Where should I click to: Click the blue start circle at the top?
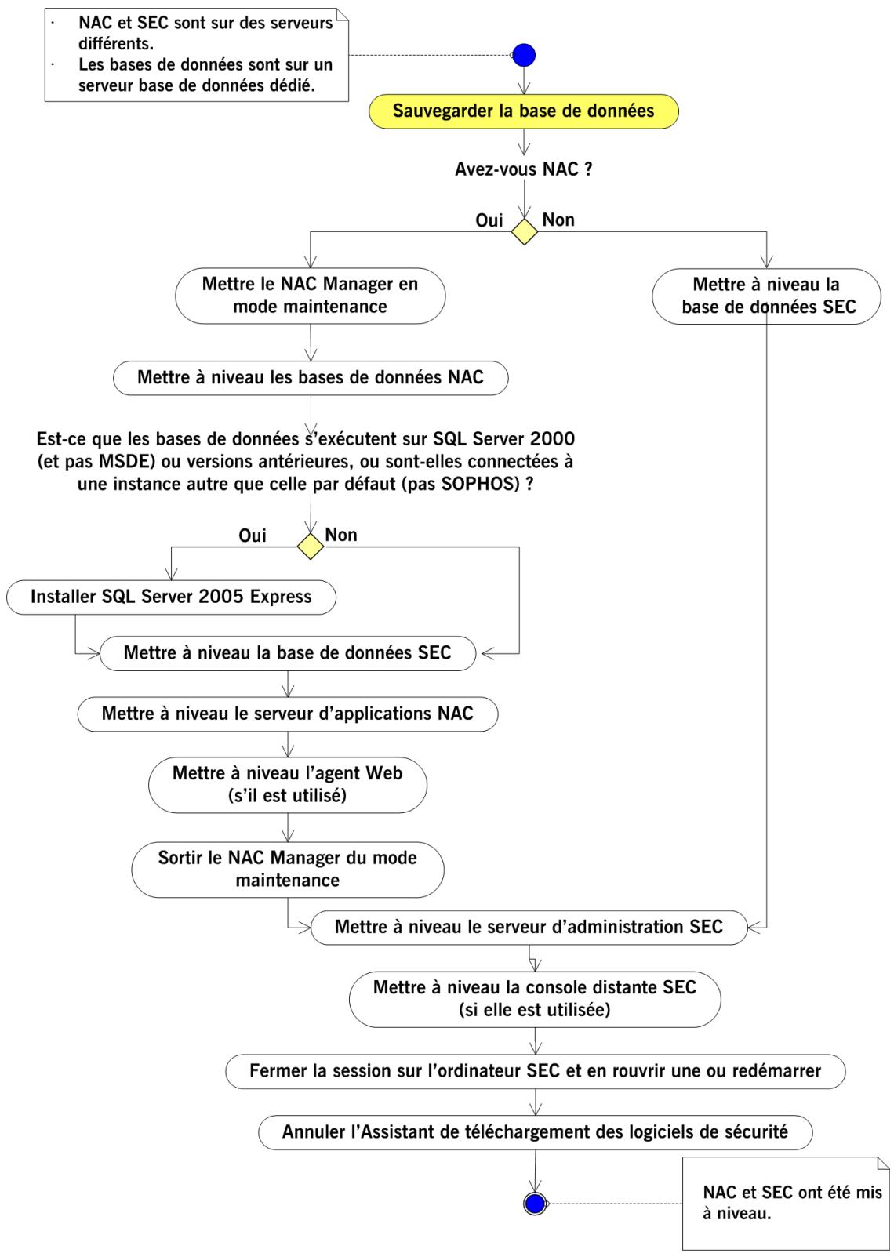point(523,55)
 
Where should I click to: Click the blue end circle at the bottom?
point(535,1203)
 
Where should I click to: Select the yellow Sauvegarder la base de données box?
point(523,111)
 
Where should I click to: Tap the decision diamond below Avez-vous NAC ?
point(524,232)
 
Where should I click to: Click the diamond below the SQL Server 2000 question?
point(311,547)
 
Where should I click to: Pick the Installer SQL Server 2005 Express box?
point(171,597)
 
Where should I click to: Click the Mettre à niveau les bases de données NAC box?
point(311,377)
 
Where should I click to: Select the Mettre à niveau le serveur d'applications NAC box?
point(288,714)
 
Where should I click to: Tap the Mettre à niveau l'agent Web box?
point(288,784)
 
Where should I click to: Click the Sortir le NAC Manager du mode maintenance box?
point(288,869)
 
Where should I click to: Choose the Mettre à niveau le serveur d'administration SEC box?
point(529,927)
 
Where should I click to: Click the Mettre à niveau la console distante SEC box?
point(535,998)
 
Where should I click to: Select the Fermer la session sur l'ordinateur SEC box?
point(536,1070)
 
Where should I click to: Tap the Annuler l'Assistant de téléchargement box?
point(536,1131)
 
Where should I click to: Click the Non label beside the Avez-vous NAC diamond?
point(558,220)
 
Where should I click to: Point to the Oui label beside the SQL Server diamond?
point(253,536)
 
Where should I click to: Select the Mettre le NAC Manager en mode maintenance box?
point(311,295)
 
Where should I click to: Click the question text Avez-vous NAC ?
point(523,169)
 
